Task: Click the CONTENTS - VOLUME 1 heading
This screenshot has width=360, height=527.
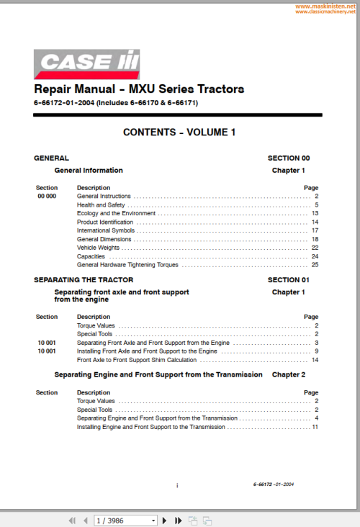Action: click(179, 132)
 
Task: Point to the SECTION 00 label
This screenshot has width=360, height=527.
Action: click(288, 158)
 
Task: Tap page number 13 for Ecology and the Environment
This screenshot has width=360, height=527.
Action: click(315, 213)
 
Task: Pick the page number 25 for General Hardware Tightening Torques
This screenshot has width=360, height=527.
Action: click(315, 265)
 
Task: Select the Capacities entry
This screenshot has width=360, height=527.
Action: click(91, 256)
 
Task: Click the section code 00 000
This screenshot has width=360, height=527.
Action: click(47, 196)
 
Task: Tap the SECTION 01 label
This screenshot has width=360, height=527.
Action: click(288, 279)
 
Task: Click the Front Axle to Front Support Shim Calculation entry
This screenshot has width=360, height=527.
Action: click(137, 359)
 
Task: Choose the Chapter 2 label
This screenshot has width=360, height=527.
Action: click(288, 375)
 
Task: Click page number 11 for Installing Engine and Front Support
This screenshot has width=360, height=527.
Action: click(315, 427)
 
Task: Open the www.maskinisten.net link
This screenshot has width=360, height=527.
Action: click(325, 5)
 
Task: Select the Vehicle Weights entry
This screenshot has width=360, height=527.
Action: click(99, 248)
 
